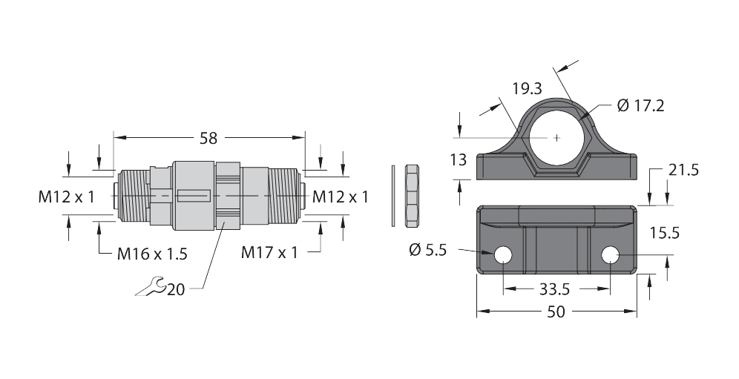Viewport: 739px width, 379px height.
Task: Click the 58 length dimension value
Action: [x=208, y=138]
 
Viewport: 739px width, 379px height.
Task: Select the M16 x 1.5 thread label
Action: [x=152, y=254]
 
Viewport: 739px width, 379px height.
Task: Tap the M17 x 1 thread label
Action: [x=269, y=253]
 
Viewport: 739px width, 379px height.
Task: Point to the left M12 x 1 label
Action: [x=67, y=197]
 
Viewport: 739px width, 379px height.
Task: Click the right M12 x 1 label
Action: [x=341, y=197]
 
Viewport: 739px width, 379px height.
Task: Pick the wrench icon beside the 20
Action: [x=150, y=287]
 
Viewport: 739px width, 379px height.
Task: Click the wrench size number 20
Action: [x=176, y=289]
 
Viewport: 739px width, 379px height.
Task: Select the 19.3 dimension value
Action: [x=528, y=88]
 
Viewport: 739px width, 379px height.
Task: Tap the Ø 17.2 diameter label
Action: [x=640, y=106]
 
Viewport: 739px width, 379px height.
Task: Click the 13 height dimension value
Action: [x=459, y=159]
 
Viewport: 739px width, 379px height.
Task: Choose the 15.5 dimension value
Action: [x=665, y=233]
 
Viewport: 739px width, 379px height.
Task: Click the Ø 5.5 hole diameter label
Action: [x=427, y=250]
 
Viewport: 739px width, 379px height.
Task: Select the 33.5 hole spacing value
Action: [x=555, y=289]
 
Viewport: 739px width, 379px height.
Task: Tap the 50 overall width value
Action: [x=556, y=312]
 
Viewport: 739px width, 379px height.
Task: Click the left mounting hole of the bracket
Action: [x=503, y=255]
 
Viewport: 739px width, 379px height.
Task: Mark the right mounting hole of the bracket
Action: [x=611, y=255]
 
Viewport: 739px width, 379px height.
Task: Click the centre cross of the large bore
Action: [x=557, y=138]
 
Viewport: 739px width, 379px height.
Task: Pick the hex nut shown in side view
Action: [x=413, y=196]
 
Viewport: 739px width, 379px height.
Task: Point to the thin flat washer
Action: [x=393, y=196]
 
